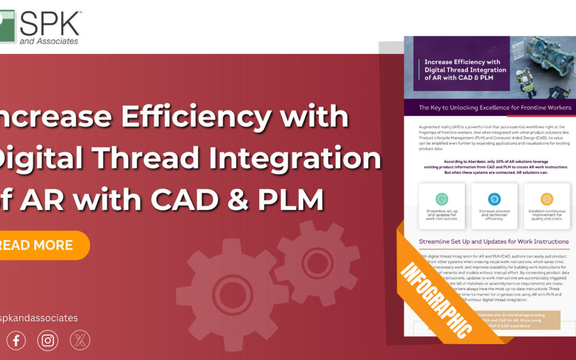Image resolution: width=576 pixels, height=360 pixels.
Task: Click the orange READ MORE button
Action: [43, 245]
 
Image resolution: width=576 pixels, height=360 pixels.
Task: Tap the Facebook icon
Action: [16, 340]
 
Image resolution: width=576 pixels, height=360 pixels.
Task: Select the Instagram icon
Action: [48, 340]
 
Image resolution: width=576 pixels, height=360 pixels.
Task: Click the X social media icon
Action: [80, 340]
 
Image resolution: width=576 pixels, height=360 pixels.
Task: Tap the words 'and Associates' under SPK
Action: [49, 41]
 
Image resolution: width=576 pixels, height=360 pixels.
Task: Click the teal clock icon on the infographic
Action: [442, 199]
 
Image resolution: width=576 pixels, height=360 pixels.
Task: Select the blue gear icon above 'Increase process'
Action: [494, 199]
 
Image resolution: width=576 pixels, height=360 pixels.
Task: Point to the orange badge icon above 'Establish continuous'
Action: [547, 199]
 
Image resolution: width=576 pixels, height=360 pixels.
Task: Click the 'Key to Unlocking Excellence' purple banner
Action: [494, 108]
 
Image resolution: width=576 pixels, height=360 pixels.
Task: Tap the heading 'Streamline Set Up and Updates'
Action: [494, 242]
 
